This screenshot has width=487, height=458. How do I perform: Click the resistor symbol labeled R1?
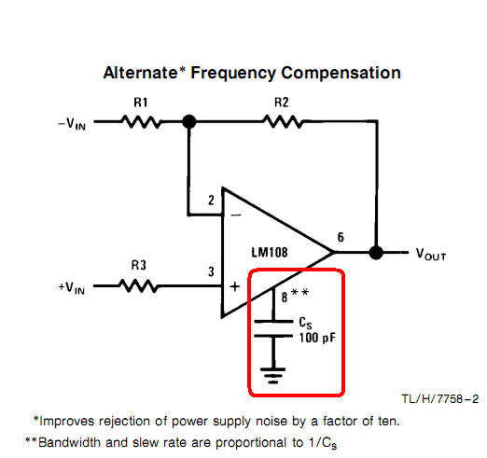(x=142, y=122)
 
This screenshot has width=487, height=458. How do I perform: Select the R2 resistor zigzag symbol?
(x=283, y=121)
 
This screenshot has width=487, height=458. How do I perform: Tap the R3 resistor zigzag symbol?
(x=138, y=285)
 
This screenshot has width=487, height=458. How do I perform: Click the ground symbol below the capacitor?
(x=272, y=376)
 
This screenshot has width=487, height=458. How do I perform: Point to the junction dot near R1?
(x=189, y=121)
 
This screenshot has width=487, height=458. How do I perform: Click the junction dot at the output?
(x=376, y=253)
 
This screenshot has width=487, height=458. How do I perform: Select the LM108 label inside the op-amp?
(x=270, y=252)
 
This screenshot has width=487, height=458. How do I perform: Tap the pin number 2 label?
(x=211, y=201)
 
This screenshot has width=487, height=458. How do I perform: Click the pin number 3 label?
(x=211, y=271)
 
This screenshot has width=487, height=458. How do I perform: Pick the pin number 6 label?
(x=341, y=237)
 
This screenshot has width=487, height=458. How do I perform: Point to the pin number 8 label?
(x=285, y=298)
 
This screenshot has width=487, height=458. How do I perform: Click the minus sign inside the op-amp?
(x=236, y=215)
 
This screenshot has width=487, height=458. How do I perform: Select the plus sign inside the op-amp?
(x=235, y=286)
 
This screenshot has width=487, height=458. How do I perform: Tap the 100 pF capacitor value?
(x=317, y=338)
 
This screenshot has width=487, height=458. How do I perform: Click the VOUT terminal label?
(x=431, y=254)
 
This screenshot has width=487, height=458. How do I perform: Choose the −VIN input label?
(x=72, y=124)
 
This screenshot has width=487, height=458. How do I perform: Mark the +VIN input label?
(x=72, y=288)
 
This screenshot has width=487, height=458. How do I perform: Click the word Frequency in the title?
(x=233, y=74)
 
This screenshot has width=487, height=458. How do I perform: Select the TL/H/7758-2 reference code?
(x=440, y=399)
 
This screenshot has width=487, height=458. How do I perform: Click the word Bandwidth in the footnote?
(x=69, y=442)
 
